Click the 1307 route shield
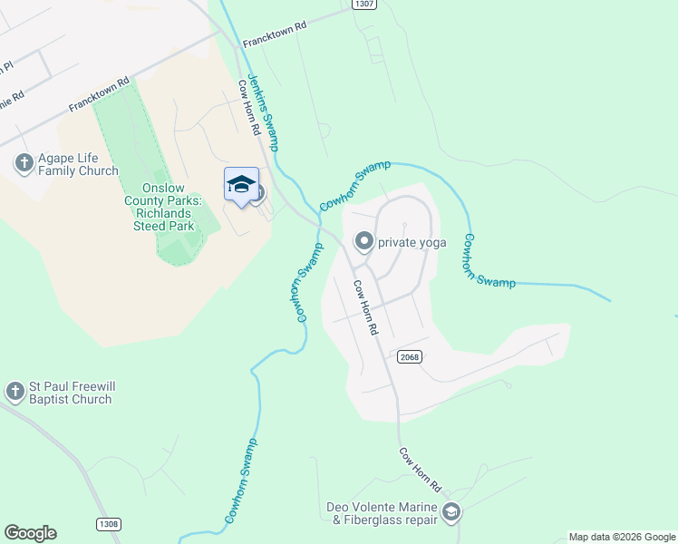pyautogui.click(x=363, y=5)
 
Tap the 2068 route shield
pyautogui.click(x=410, y=357)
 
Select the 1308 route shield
pyautogui.click(x=107, y=524)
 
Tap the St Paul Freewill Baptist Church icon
pyautogui.click(x=15, y=392)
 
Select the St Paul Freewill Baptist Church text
pyautogui.click(x=72, y=392)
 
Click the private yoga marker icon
pyautogui.click(x=364, y=241)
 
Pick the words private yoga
pyautogui.click(x=412, y=242)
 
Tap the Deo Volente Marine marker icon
pyautogui.click(x=451, y=513)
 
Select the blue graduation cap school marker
pyautogui.click(x=240, y=184)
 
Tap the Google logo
pyautogui.click(x=30, y=533)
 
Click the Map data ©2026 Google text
pyautogui.click(x=622, y=537)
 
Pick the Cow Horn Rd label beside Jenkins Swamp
pyautogui.click(x=250, y=108)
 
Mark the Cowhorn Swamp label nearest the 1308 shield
pyautogui.click(x=242, y=481)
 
